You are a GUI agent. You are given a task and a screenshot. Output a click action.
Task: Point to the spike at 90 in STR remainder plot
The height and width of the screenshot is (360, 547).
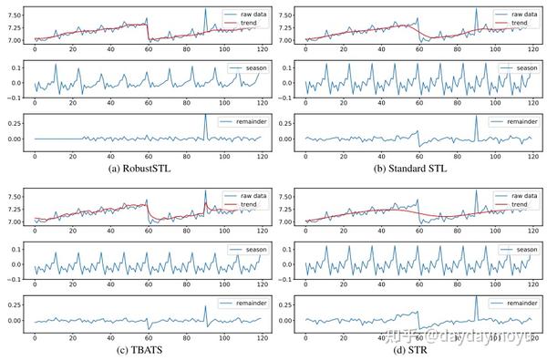tap(475, 298)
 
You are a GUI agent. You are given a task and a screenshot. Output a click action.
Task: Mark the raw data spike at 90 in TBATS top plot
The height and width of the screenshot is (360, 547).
tap(205, 193)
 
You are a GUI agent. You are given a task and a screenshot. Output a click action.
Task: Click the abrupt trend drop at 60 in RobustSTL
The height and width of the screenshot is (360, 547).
tap(148, 33)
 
